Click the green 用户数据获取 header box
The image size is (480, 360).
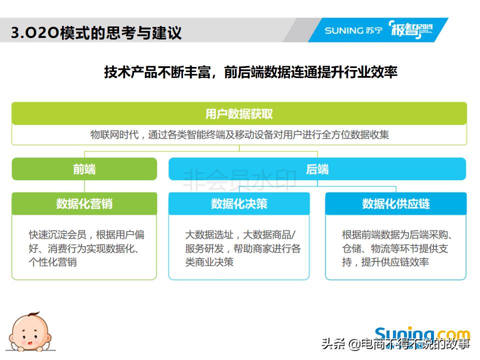(x=239, y=114)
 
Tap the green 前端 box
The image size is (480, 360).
(x=84, y=169)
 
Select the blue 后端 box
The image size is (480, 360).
(x=317, y=169)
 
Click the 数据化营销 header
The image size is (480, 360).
(x=84, y=204)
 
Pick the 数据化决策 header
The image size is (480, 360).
(x=239, y=204)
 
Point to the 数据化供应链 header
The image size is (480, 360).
(x=395, y=204)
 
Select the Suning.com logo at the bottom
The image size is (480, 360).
(x=422, y=334)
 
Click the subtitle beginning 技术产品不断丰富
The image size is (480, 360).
(x=250, y=72)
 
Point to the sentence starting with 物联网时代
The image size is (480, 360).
(x=239, y=135)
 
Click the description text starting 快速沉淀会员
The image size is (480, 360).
(x=86, y=248)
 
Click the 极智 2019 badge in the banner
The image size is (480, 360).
(x=409, y=30)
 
